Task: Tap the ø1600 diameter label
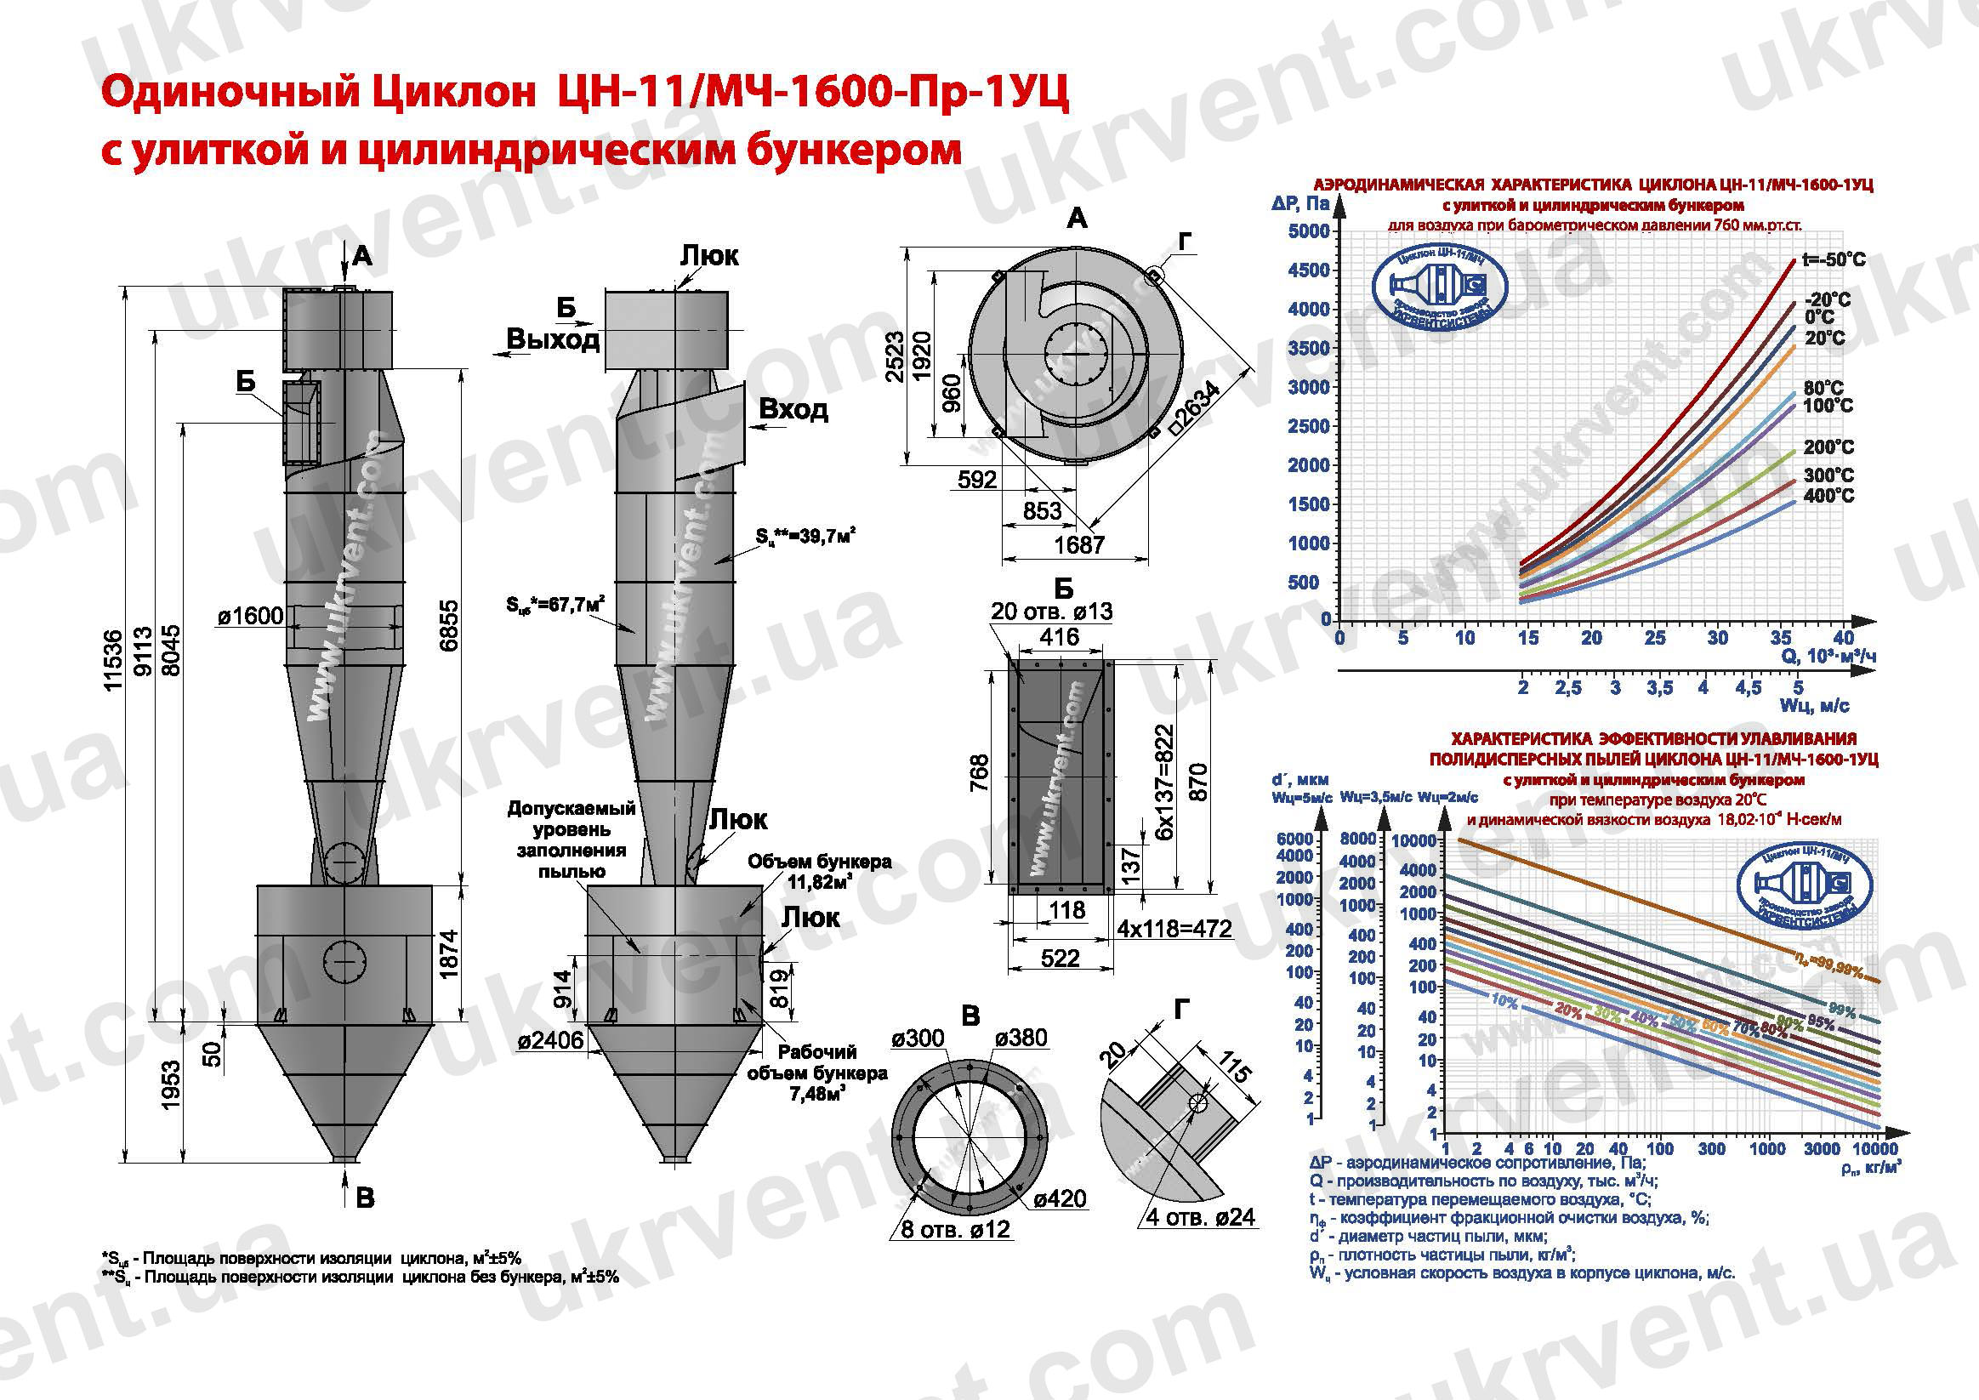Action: click(250, 615)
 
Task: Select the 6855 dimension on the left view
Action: click(449, 626)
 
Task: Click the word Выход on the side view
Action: click(553, 339)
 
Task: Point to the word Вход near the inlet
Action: click(793, 409)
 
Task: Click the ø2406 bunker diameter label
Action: click(551, 1041)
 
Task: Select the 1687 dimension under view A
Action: click(1079, 545)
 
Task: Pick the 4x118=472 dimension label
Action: click(1174, 930)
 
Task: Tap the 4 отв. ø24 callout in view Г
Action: click(1200, 1217)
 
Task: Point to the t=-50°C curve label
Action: click(1834, 259)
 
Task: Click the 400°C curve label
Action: click(1828, 496)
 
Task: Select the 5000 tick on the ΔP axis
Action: click(1308, 231)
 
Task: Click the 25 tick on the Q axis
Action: click(1655, 638)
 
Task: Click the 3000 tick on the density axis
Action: click(1823, 1149)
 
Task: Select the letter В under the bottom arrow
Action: click(365, 1198)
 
